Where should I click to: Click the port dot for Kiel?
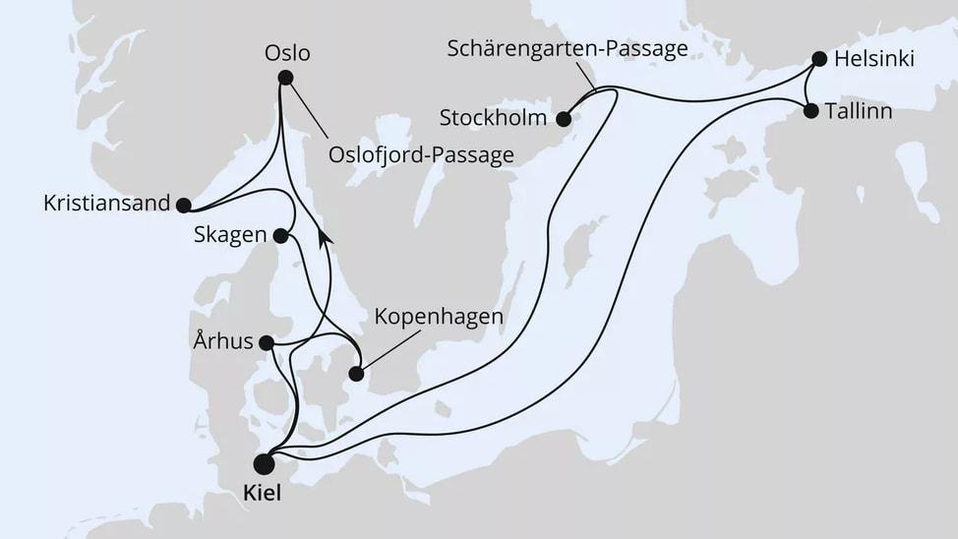(x=265, y=462)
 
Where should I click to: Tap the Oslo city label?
(x=287, y=53)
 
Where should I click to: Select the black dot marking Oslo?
(x=285, y=78)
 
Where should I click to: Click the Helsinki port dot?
(x=819, y=59)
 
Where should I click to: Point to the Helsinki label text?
(x=873, y=60)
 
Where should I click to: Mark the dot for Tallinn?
(x=810, y=111)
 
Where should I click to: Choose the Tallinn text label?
(x=861, y=111)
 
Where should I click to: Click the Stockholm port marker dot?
(x=564, y=120)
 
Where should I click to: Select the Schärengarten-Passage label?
(x=567, y=49)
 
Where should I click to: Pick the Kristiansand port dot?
(x=183, y=205)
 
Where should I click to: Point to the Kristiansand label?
(x=105, y=205)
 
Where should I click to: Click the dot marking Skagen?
(x=280, y=235)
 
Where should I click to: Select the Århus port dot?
(x=266, y=343)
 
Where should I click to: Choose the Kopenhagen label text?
(x=440, y=318)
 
